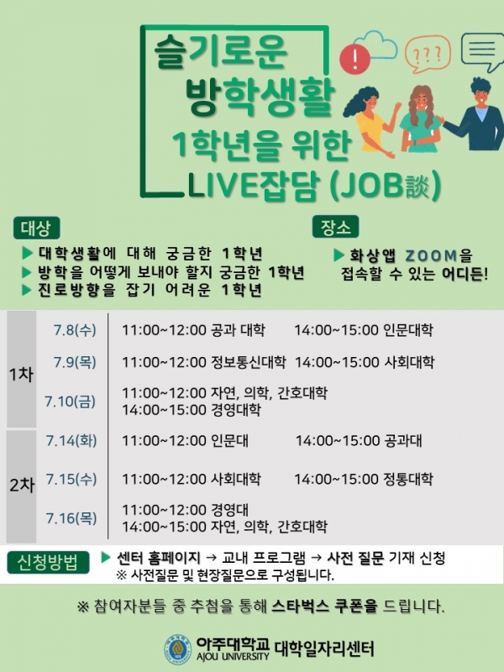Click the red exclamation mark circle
354,59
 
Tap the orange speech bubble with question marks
428,54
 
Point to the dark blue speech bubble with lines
482,51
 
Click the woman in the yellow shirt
370,121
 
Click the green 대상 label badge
36,228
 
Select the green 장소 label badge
335,227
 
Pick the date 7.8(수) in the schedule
75,330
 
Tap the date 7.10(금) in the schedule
70,402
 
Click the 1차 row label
22,374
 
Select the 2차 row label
22,486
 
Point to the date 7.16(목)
71,518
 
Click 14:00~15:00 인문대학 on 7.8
364,330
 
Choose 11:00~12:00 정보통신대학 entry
204,362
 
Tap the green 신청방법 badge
48,562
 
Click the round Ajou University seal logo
178,649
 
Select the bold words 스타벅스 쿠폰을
325,606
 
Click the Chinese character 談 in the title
417,186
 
